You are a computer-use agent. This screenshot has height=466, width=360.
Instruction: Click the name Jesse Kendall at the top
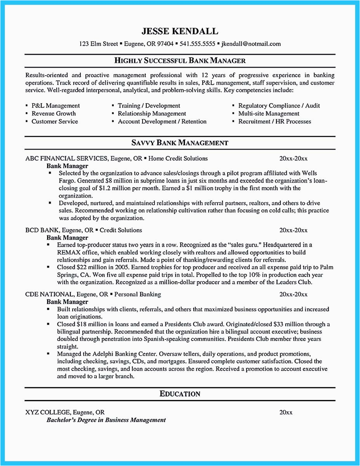180,31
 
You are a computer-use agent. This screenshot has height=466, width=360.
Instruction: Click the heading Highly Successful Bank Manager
180,61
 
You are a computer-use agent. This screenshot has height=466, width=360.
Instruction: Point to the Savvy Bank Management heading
180,143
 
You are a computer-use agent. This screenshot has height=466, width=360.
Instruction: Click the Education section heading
180,394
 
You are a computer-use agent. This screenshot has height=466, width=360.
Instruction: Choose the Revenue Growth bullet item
54,113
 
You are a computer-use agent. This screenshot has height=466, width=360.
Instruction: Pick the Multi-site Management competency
269,113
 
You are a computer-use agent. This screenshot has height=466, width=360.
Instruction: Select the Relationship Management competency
152,113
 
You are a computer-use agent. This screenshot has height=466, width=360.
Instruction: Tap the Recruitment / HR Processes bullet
275,122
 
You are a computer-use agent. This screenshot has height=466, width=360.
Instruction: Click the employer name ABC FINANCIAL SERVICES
66,158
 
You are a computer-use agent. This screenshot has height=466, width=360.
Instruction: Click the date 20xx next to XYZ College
286,412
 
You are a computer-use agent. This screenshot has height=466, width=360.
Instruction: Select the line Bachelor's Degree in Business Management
106,420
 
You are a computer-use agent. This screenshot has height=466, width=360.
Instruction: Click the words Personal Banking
139,294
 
